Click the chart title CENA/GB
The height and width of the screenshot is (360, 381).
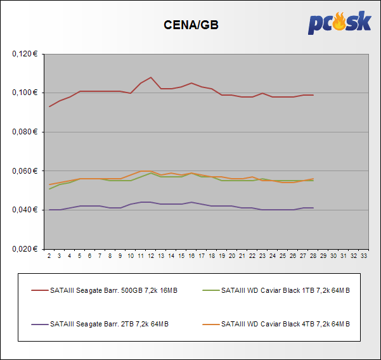pos(191,25)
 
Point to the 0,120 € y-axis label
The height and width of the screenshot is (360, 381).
pos(25,54)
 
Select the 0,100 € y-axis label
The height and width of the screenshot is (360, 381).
pos(25,93)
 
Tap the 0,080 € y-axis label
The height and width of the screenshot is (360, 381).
pos(25,132)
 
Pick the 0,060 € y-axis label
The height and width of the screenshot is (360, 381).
pos(25,171)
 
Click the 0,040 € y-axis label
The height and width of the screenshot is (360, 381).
pos(25,210)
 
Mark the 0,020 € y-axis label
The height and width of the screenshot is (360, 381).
pos(25,249)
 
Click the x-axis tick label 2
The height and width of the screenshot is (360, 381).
pos(49,256)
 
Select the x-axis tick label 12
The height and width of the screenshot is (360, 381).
pos(151,256)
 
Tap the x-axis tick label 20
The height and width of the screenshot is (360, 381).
pos(232,256)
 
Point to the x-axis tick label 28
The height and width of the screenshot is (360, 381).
pos(313,256)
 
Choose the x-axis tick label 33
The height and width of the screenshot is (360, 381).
pos(364,256)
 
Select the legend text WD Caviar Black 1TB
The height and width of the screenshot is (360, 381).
pos(285,291)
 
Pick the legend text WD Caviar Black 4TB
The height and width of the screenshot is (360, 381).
pos(285,324)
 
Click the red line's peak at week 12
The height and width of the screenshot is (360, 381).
pos(151,77)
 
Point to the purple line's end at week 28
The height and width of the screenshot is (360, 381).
pos(313,208)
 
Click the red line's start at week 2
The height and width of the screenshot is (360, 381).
pos(49,106)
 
